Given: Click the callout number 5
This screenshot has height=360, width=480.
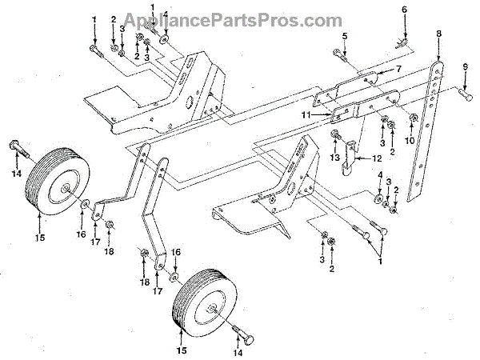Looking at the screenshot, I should coord(344,36).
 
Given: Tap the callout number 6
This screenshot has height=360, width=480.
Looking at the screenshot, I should coord(404,10).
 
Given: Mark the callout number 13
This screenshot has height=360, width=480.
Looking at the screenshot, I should coord(334,158).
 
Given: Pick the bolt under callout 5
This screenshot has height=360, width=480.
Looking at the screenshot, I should coord(336,56).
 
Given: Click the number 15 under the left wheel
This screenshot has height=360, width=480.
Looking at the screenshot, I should coord(39,238).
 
